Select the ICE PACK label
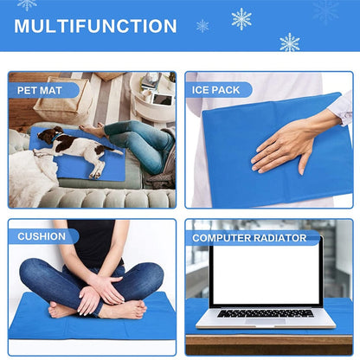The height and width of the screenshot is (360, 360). tap(218, 89)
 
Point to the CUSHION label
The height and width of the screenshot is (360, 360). tap(42, 236)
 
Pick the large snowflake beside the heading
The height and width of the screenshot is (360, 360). tap(241, 18)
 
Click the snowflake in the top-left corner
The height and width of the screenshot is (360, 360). tap(27, 4)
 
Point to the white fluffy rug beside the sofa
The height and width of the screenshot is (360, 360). tap(30, 177)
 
